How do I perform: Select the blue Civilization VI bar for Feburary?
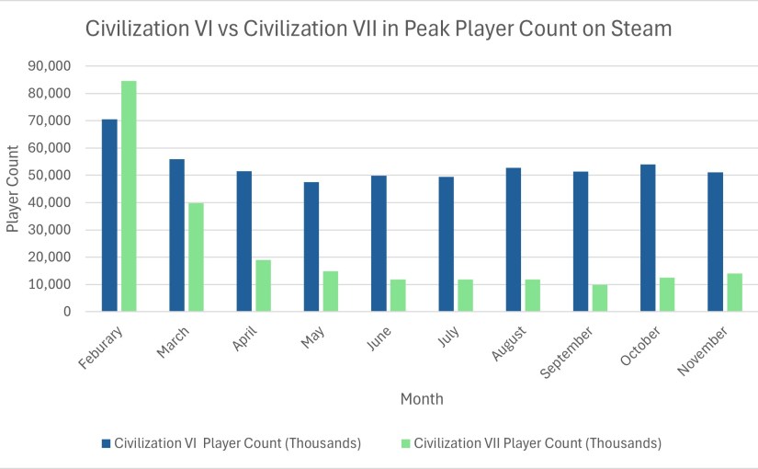(109, 215)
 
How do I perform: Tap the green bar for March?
(196, 257)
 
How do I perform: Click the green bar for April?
(263, 286)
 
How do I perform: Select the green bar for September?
(600, 298)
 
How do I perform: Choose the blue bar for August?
(515, 240)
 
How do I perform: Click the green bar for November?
(735, 292)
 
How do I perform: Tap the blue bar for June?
(379, 244)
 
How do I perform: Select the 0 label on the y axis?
(67, 312)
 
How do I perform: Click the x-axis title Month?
(422, 399)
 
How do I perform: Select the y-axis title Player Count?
(13, 189)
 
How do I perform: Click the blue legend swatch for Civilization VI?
(106, 443)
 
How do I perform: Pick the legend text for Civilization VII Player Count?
(537, 443)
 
